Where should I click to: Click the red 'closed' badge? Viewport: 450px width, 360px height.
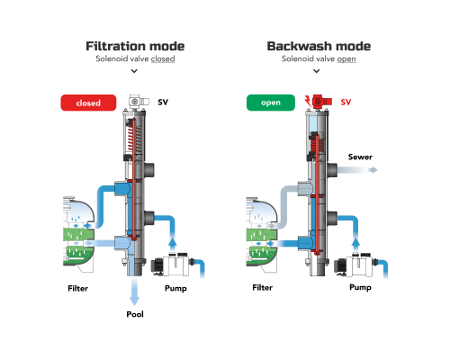click(x=88, y=103)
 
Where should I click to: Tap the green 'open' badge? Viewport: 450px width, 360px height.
click(x=271, y=103)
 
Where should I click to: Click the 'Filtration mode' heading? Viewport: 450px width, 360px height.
click(x=135, y=46)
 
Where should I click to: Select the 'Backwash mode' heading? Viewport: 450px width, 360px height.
click(x=319, y=46)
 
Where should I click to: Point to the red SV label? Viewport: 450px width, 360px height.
click(x=346, y=103)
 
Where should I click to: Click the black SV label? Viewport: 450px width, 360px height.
click(x=163, y=103)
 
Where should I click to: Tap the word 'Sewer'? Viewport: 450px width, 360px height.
click(x=360, y=157)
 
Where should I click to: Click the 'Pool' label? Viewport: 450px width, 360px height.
click(x=135, y=314)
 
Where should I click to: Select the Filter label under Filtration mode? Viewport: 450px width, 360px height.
click(x=77, y=288)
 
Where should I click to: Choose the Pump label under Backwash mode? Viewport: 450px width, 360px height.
click(x=360, y=287)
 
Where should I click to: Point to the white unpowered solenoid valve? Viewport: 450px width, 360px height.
click(x=139, y=102)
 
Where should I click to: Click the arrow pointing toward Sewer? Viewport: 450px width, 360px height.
click(x=357, y=170)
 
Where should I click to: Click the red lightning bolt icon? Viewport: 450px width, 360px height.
click(x=308, y=101)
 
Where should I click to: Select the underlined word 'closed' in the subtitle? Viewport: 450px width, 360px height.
click(x=163, y=58)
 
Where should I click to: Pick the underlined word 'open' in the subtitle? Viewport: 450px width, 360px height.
click(x=346, y=58)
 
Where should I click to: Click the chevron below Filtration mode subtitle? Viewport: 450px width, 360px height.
click(x=134, y=71)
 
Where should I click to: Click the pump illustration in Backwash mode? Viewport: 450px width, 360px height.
click(x=354, y=265)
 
